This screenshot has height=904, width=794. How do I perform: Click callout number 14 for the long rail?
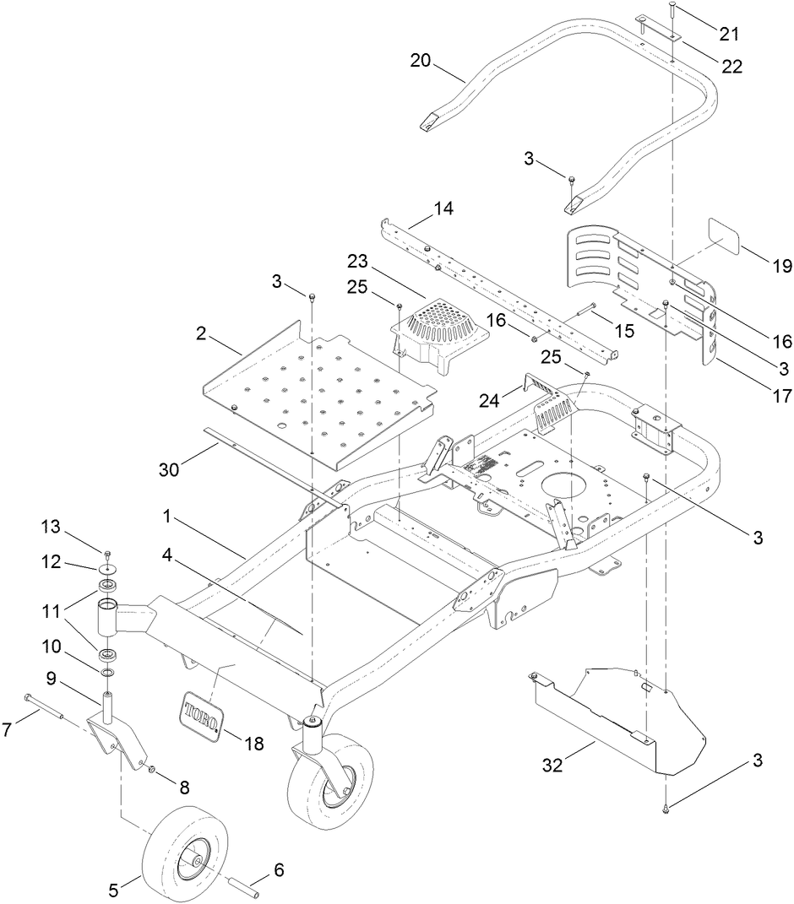(x=443, y=208)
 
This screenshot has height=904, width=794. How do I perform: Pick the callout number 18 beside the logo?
(x=252, y=744)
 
